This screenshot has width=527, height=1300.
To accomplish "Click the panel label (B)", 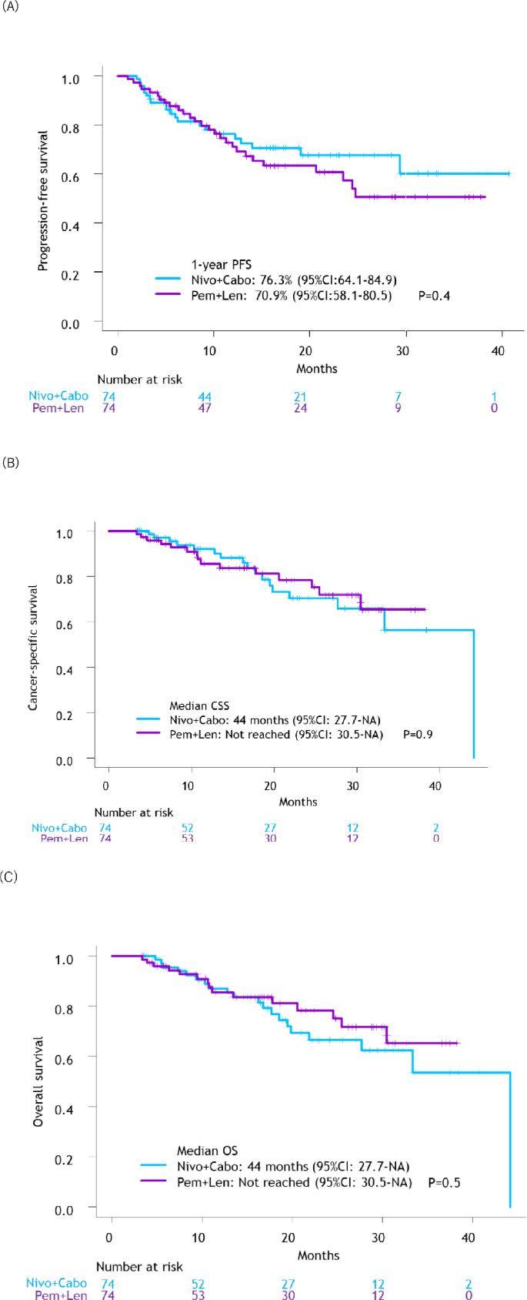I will coord(11,463).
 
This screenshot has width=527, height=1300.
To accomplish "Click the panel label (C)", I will coord(11,876).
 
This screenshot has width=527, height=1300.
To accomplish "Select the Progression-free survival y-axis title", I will coord(43,200).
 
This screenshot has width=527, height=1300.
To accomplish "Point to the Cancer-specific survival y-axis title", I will coord(33,647).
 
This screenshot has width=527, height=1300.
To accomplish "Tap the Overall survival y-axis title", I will coord(38,1081).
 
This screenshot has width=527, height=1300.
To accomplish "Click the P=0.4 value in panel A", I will coord(434,295).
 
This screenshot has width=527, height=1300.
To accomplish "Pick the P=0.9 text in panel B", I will coord(418,734).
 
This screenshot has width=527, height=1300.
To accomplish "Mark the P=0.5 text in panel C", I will coord(444,1182).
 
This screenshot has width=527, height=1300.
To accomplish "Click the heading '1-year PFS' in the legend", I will coord(222,265).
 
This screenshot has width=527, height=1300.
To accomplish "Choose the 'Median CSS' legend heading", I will coord(199,705).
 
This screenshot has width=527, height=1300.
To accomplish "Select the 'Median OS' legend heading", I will coord(207,1151).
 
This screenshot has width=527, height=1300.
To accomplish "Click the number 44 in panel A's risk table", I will coord(205,397).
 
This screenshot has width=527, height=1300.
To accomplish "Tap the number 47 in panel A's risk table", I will coord(205,408).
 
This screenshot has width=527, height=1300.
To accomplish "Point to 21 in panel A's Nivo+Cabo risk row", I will coord(300,397).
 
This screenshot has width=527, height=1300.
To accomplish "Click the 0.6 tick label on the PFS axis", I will coord(71,176).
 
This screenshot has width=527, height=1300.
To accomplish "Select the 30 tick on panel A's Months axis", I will coord(402,350).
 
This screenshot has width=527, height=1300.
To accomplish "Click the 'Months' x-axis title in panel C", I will coord(318,1255).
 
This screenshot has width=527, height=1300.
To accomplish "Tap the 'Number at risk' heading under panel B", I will coord(134,812).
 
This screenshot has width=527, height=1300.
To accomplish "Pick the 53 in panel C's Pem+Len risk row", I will coord(202,1295).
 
